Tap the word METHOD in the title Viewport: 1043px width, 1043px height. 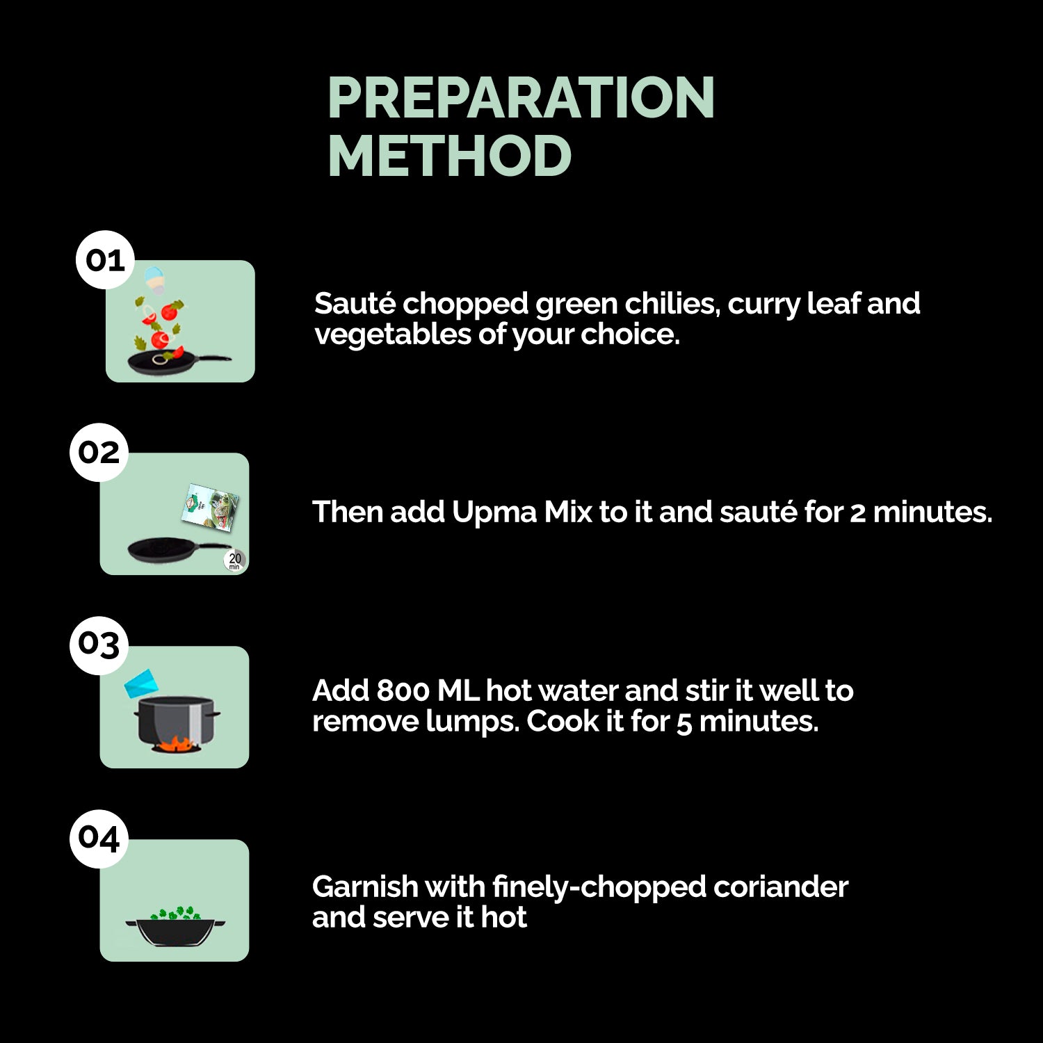click(449, 156)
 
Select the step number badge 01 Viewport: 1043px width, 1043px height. click(105, 260)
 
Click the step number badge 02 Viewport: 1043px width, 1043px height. click(99, 453)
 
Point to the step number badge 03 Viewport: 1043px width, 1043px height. click(99, 645)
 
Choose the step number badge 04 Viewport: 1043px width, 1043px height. click(99, 839)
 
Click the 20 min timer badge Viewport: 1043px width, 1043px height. click(235, 560)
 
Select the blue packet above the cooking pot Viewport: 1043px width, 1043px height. click(142, 684)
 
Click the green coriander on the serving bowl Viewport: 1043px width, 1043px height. click(176, 913)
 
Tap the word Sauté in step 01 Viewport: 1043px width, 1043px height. click(355, 304)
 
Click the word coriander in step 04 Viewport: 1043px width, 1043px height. click(781, 887)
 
